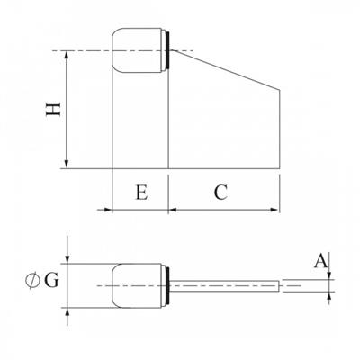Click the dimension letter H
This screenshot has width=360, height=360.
pos(53,110)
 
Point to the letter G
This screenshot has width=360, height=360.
pos(51,279)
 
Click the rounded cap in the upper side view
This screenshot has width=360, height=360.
pos(137,51)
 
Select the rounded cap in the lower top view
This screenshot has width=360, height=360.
pos(137,285)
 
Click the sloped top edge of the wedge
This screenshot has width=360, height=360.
pos(225,71)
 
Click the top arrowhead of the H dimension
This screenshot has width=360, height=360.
pos(68,56)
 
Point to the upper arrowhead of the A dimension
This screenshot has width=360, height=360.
pos(330,275)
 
